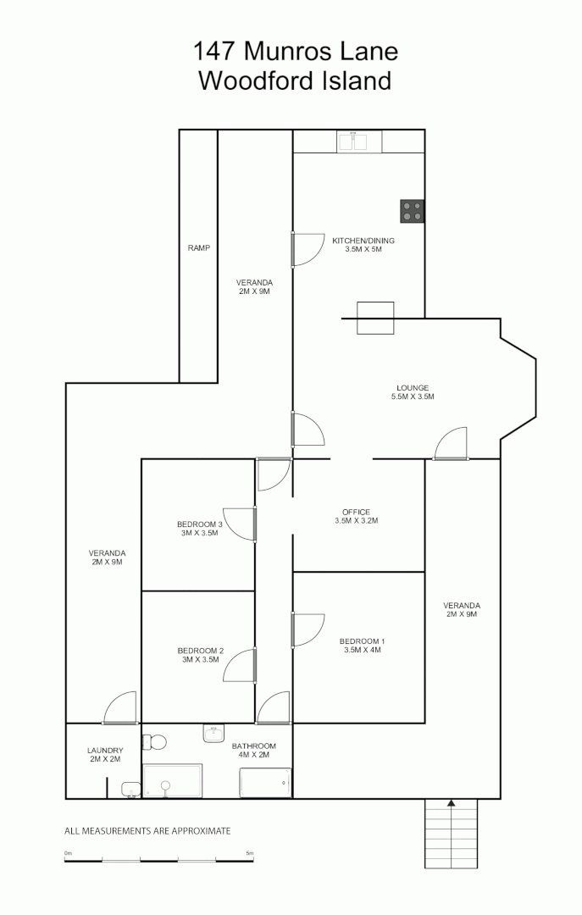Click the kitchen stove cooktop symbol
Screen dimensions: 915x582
(x=413, y=211)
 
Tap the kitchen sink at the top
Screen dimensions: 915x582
(x=353, y=142)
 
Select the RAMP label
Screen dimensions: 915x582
(x=199, y=248)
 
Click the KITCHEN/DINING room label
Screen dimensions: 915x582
(x=363, y=245)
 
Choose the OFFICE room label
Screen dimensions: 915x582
(x=356, y=516)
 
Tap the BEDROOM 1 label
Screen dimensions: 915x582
(x=362, y=646)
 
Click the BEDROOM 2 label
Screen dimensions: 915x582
(x=200, y=654)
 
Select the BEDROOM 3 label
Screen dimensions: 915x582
(x=200, y=528)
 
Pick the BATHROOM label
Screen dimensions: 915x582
(x=254, y=750)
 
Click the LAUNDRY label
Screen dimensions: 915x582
(x=105, y=754)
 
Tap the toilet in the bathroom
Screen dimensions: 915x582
(x=154, y=742)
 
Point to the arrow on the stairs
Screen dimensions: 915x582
(x=452, y=802)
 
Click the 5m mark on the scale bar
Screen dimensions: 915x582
(x=249, y=853)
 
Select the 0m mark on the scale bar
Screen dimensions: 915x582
(x=68, y=853)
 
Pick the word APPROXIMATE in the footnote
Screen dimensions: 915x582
(x=201, y=831)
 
